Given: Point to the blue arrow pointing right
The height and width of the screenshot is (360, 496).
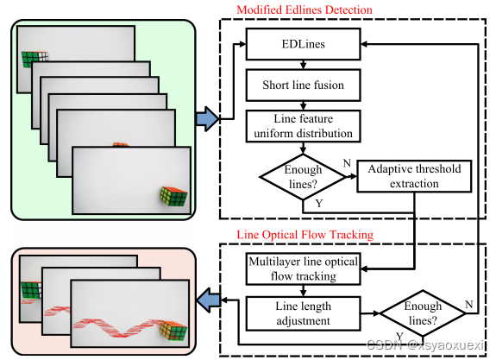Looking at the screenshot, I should click(206, 118).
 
